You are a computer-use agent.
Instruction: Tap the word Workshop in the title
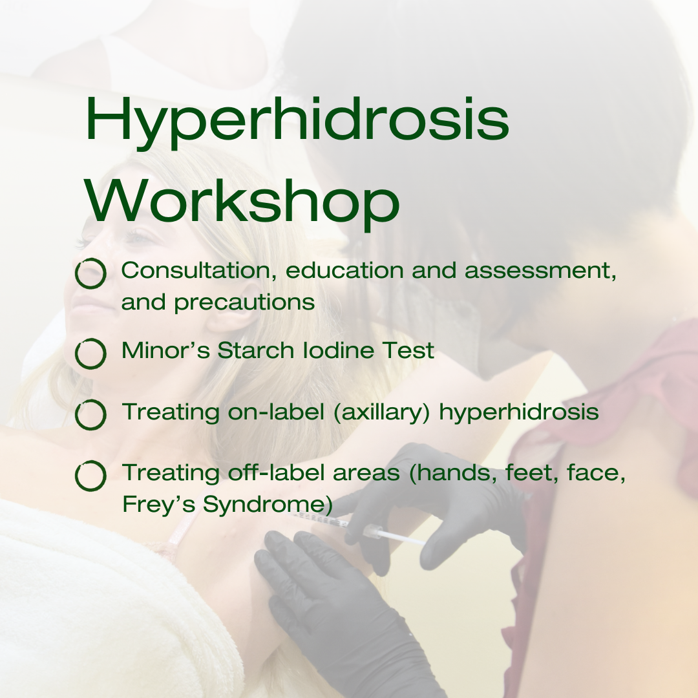coord(243,200)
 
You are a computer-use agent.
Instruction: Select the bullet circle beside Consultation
coord(90,273)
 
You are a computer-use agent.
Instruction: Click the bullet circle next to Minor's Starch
coord(90,354)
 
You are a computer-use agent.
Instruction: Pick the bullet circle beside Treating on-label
coord(90,415)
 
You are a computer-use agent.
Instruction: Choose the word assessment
coord(538,271)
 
